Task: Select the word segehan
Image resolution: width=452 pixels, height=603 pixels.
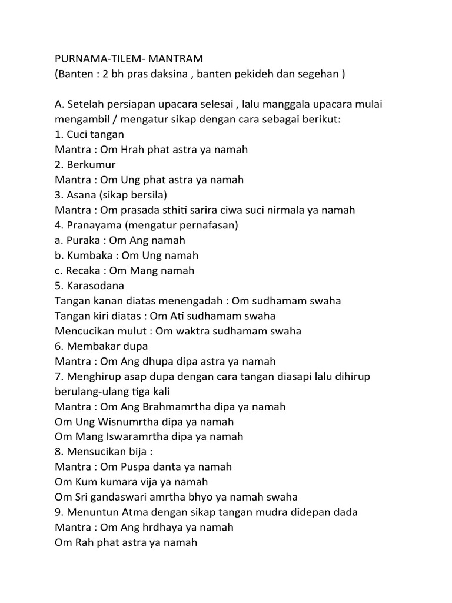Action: click(x=318, y=75)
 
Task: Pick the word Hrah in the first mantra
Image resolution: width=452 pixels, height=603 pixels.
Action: click(x=136, y=150)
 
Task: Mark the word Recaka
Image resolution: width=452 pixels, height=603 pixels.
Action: click(x=85, y=271)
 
